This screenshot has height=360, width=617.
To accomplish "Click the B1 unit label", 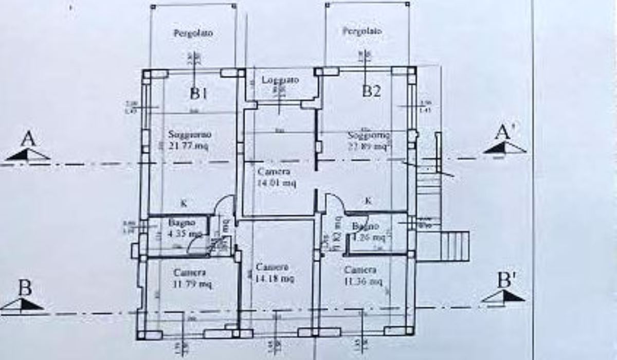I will click(x=198, y=93).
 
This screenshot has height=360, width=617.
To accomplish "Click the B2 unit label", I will click(x=371, y=92).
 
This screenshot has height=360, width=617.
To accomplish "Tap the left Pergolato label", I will click(x=193, y=33).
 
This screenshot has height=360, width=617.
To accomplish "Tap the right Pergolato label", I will click(x=362, y=31).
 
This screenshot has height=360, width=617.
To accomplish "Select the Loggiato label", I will click(x=280, y=80).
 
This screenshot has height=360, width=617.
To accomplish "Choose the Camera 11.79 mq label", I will click(x=190, y=278).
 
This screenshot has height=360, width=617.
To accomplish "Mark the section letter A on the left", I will click(x=29, y=139).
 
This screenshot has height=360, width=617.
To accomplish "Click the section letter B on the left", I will click(x=24, y=289).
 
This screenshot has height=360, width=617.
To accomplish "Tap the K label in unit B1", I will click(x=184, y=204).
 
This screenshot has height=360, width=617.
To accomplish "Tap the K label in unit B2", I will click(x=368, y=201).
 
